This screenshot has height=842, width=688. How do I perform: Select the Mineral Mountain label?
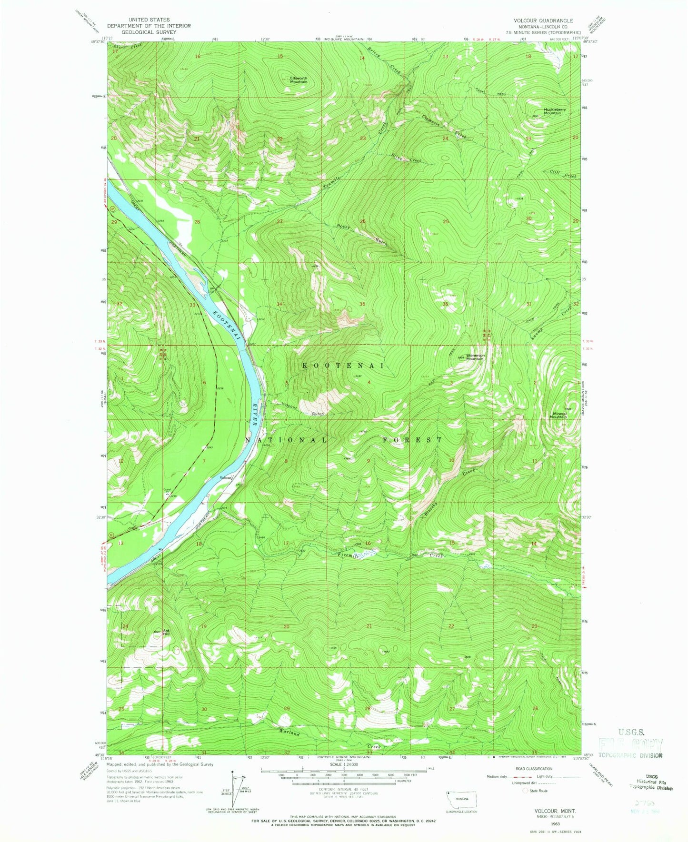point(558,415)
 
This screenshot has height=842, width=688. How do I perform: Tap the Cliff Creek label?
point(563,174)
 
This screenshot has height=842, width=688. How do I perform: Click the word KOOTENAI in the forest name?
point(343,366)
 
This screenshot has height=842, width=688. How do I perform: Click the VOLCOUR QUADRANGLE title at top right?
point(543,21)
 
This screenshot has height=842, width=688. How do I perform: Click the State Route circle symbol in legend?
point(526,791)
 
